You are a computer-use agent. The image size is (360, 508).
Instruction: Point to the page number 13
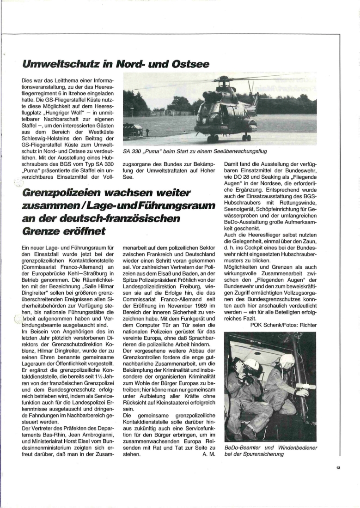click(338, 468)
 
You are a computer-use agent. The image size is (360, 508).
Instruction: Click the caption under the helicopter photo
click(195, 151)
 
